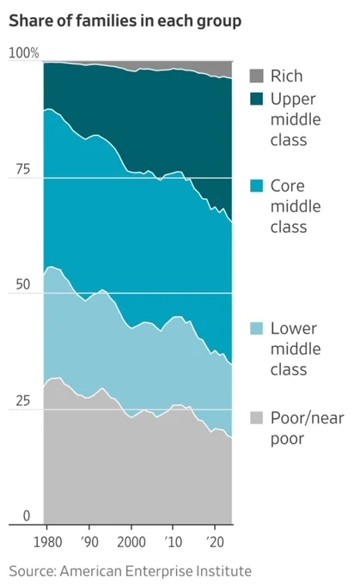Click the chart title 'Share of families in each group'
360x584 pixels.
125,21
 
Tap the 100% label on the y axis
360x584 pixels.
23,53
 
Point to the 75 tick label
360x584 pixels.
22,169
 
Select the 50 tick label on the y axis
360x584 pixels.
22,284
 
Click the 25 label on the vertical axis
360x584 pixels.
22,400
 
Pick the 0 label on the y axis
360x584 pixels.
27,516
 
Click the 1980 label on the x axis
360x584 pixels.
48,542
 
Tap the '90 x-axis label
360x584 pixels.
89,542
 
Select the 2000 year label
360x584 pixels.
131,542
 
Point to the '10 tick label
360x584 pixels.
173,542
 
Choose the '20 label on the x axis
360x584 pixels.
215,542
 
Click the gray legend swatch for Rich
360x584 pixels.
256,76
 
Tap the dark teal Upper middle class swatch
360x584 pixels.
256,99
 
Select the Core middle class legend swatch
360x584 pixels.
256,186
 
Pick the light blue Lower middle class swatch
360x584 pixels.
256,328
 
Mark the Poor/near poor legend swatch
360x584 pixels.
256,418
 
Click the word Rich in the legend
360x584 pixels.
286,76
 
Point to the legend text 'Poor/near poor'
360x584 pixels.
307,429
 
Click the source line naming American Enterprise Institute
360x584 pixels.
130,571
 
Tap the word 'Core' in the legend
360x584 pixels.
287,186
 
